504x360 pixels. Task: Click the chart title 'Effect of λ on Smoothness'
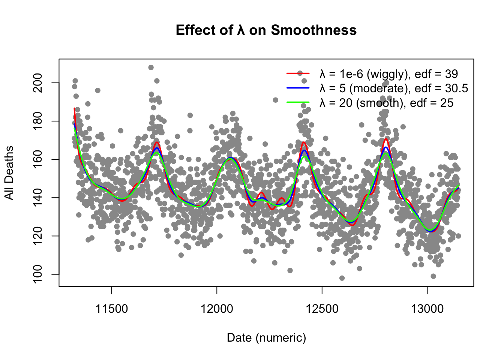(x=266, y=30)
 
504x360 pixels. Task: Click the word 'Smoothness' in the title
(x=313, y=30)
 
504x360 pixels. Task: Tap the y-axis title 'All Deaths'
(x=9, y=173)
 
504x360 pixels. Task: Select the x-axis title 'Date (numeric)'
(x=266, y=338)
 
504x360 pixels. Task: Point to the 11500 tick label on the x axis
(x=112, y=309)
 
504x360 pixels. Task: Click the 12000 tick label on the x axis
(x=217, y=309)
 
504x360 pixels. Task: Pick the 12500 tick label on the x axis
(x=322, y=309)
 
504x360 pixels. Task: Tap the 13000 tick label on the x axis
(x=427, y=309)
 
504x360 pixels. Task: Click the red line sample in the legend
(x=298, y=73)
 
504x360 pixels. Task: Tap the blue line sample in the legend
(x=298, y=88)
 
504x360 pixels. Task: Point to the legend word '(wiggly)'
(x=387, y=74)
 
